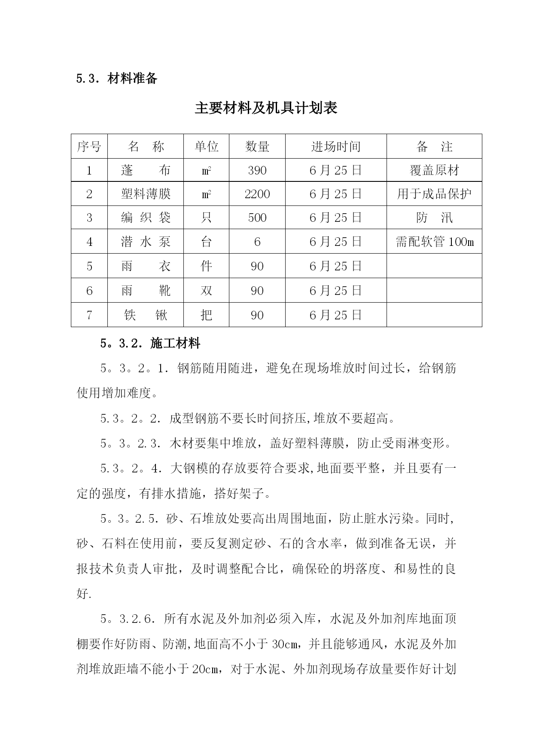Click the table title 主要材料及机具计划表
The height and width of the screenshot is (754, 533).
click(x=266, y=108)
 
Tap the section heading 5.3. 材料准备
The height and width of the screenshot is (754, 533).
click(x=117, y=79)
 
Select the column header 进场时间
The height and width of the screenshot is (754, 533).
click(x=335, y=147)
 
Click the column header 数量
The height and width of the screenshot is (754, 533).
click(x=257, y=147)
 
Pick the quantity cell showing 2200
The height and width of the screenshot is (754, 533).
click(x=257, y=194)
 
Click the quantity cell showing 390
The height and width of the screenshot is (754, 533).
click(x=257, y=170)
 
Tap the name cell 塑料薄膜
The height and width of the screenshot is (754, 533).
click(x=146, y=194)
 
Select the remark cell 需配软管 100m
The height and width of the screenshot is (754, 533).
click(x=434, y=242)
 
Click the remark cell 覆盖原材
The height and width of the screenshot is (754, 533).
click(x=434, y=170)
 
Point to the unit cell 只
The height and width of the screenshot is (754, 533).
click(x=206, y=218)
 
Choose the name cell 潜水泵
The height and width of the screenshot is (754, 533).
click(x=146, y=242)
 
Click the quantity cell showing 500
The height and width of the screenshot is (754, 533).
click(x=257, y=218)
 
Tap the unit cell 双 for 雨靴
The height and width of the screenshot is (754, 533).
click(x=206, y=291)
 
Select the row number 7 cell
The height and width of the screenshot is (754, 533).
click(x=89, y=315)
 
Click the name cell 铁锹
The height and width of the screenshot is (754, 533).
click(x=146, y=315)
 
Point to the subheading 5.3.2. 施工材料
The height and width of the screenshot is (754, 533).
click(x=150, y=343)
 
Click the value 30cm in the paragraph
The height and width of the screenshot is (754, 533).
click(x=285, y=644)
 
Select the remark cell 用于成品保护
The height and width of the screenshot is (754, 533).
click(x=434, y=194)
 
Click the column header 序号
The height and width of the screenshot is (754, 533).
click(x=89, y=147)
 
